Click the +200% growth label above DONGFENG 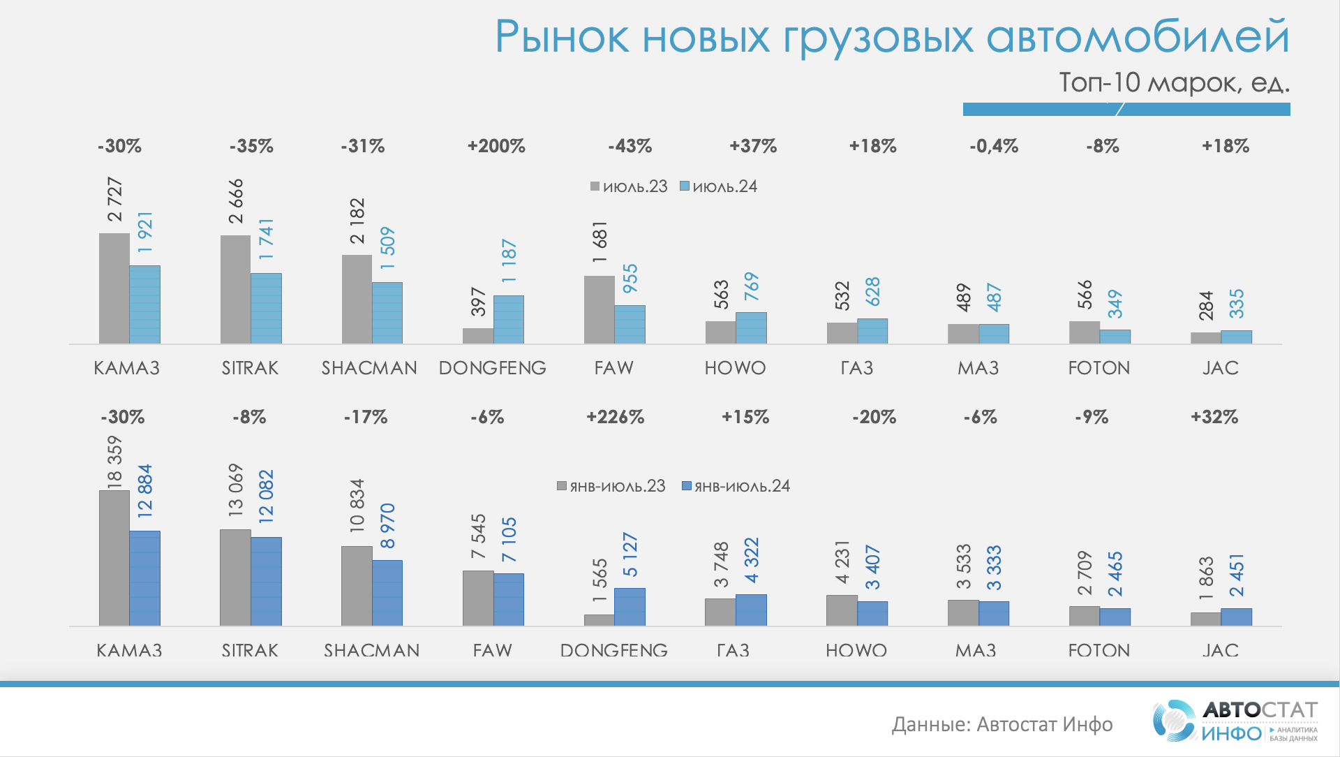pos(496,146)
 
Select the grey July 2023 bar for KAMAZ pos(114,288)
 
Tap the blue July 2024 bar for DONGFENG pos(509,319)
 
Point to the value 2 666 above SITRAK pos(237,201)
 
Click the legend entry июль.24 pos(719,186)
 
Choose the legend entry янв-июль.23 pos(611,486)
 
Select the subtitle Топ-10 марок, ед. pos(1174,82)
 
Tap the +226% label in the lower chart pos(615,417)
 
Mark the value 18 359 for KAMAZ pos(114,461)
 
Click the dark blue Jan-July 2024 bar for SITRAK pos(266,581)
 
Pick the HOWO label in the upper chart pos(735,368)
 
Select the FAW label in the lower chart pos(492,650)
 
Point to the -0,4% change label pos(993,146)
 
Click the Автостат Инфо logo pos(1235,721)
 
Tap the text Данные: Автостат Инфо pos(1002,724)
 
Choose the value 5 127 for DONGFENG pos(630,555)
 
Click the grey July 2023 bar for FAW pos(600,309)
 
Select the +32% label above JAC pos(1214,417)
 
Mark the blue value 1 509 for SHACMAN pos(387,248)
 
